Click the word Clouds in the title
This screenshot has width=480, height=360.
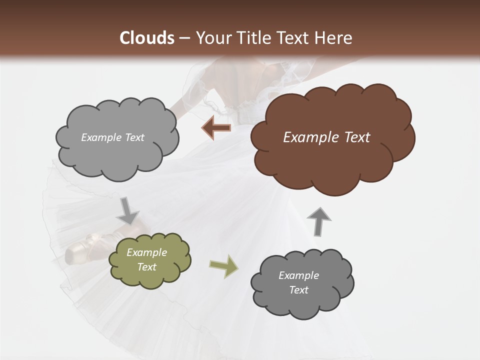click(x=147, y=37)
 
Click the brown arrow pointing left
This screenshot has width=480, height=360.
click(x=216, y=127)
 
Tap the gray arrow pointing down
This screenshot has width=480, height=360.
click(x=127, y=211)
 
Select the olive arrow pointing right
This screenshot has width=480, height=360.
click(x=223, y=266)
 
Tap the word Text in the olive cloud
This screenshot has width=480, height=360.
click(x=147, y=267)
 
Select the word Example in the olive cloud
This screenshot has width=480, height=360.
click(x=147, y=252)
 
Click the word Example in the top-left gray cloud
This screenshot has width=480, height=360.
click(x=100, y=137)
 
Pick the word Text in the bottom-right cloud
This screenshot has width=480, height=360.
click(x=298, y=290)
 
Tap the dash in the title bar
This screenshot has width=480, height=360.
click(x=184, y=38)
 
